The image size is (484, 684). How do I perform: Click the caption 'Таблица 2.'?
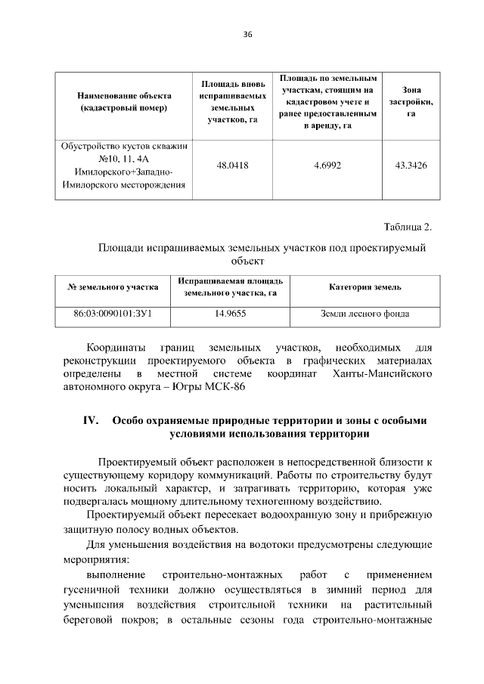pos(408,227)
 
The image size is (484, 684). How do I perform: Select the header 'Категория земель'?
pos(365,287)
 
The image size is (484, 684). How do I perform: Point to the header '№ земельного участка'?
pos(113,287)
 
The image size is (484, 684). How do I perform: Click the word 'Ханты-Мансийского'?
pos(382,374)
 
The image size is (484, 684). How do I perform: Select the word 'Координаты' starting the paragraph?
pos(116,348)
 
